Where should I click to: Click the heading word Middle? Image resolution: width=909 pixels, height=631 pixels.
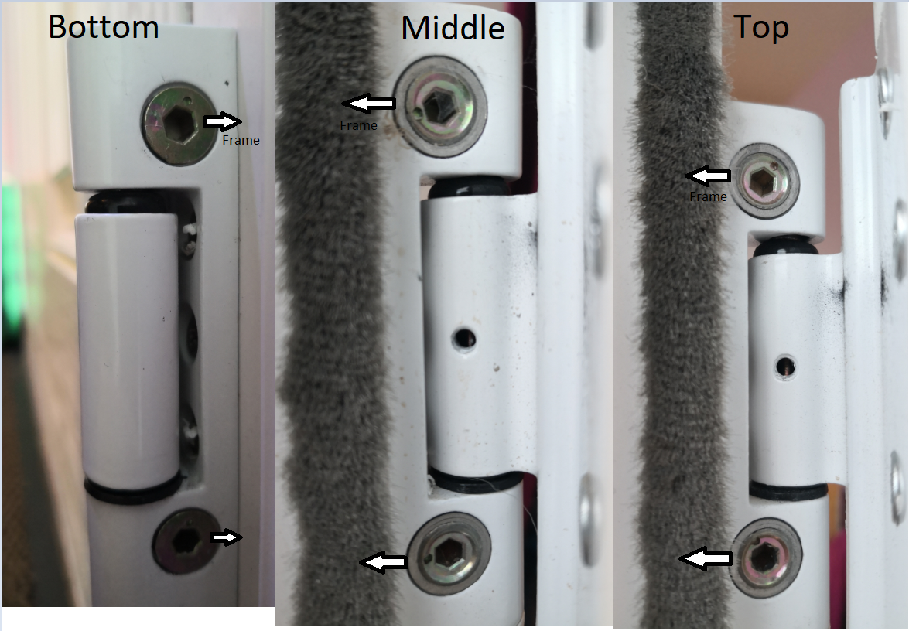(x=453, y=29)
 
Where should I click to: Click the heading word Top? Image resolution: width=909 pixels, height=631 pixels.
(x=761, y=27)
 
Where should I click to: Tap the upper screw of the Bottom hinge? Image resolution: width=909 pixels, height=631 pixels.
(x=177, y=123)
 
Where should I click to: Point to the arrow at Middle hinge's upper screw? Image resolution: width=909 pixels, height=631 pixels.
(x=369, y=102)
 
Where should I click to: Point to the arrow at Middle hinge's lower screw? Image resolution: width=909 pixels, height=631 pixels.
(x=384, y=563)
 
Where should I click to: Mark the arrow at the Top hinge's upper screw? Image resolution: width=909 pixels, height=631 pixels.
(x=709, y=176)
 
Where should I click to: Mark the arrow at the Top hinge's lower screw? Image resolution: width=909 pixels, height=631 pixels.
(x=705, y=558)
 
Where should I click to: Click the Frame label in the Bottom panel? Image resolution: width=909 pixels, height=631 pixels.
(x=241, y=141)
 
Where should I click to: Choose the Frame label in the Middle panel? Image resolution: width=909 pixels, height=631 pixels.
(x=358, y=125)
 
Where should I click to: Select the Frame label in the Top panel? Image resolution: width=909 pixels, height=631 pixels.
(x=708, y=196)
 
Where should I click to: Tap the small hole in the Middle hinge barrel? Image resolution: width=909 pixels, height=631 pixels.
(x=464, y=337)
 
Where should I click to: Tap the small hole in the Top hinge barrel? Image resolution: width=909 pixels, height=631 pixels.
(x=786, y=363)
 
